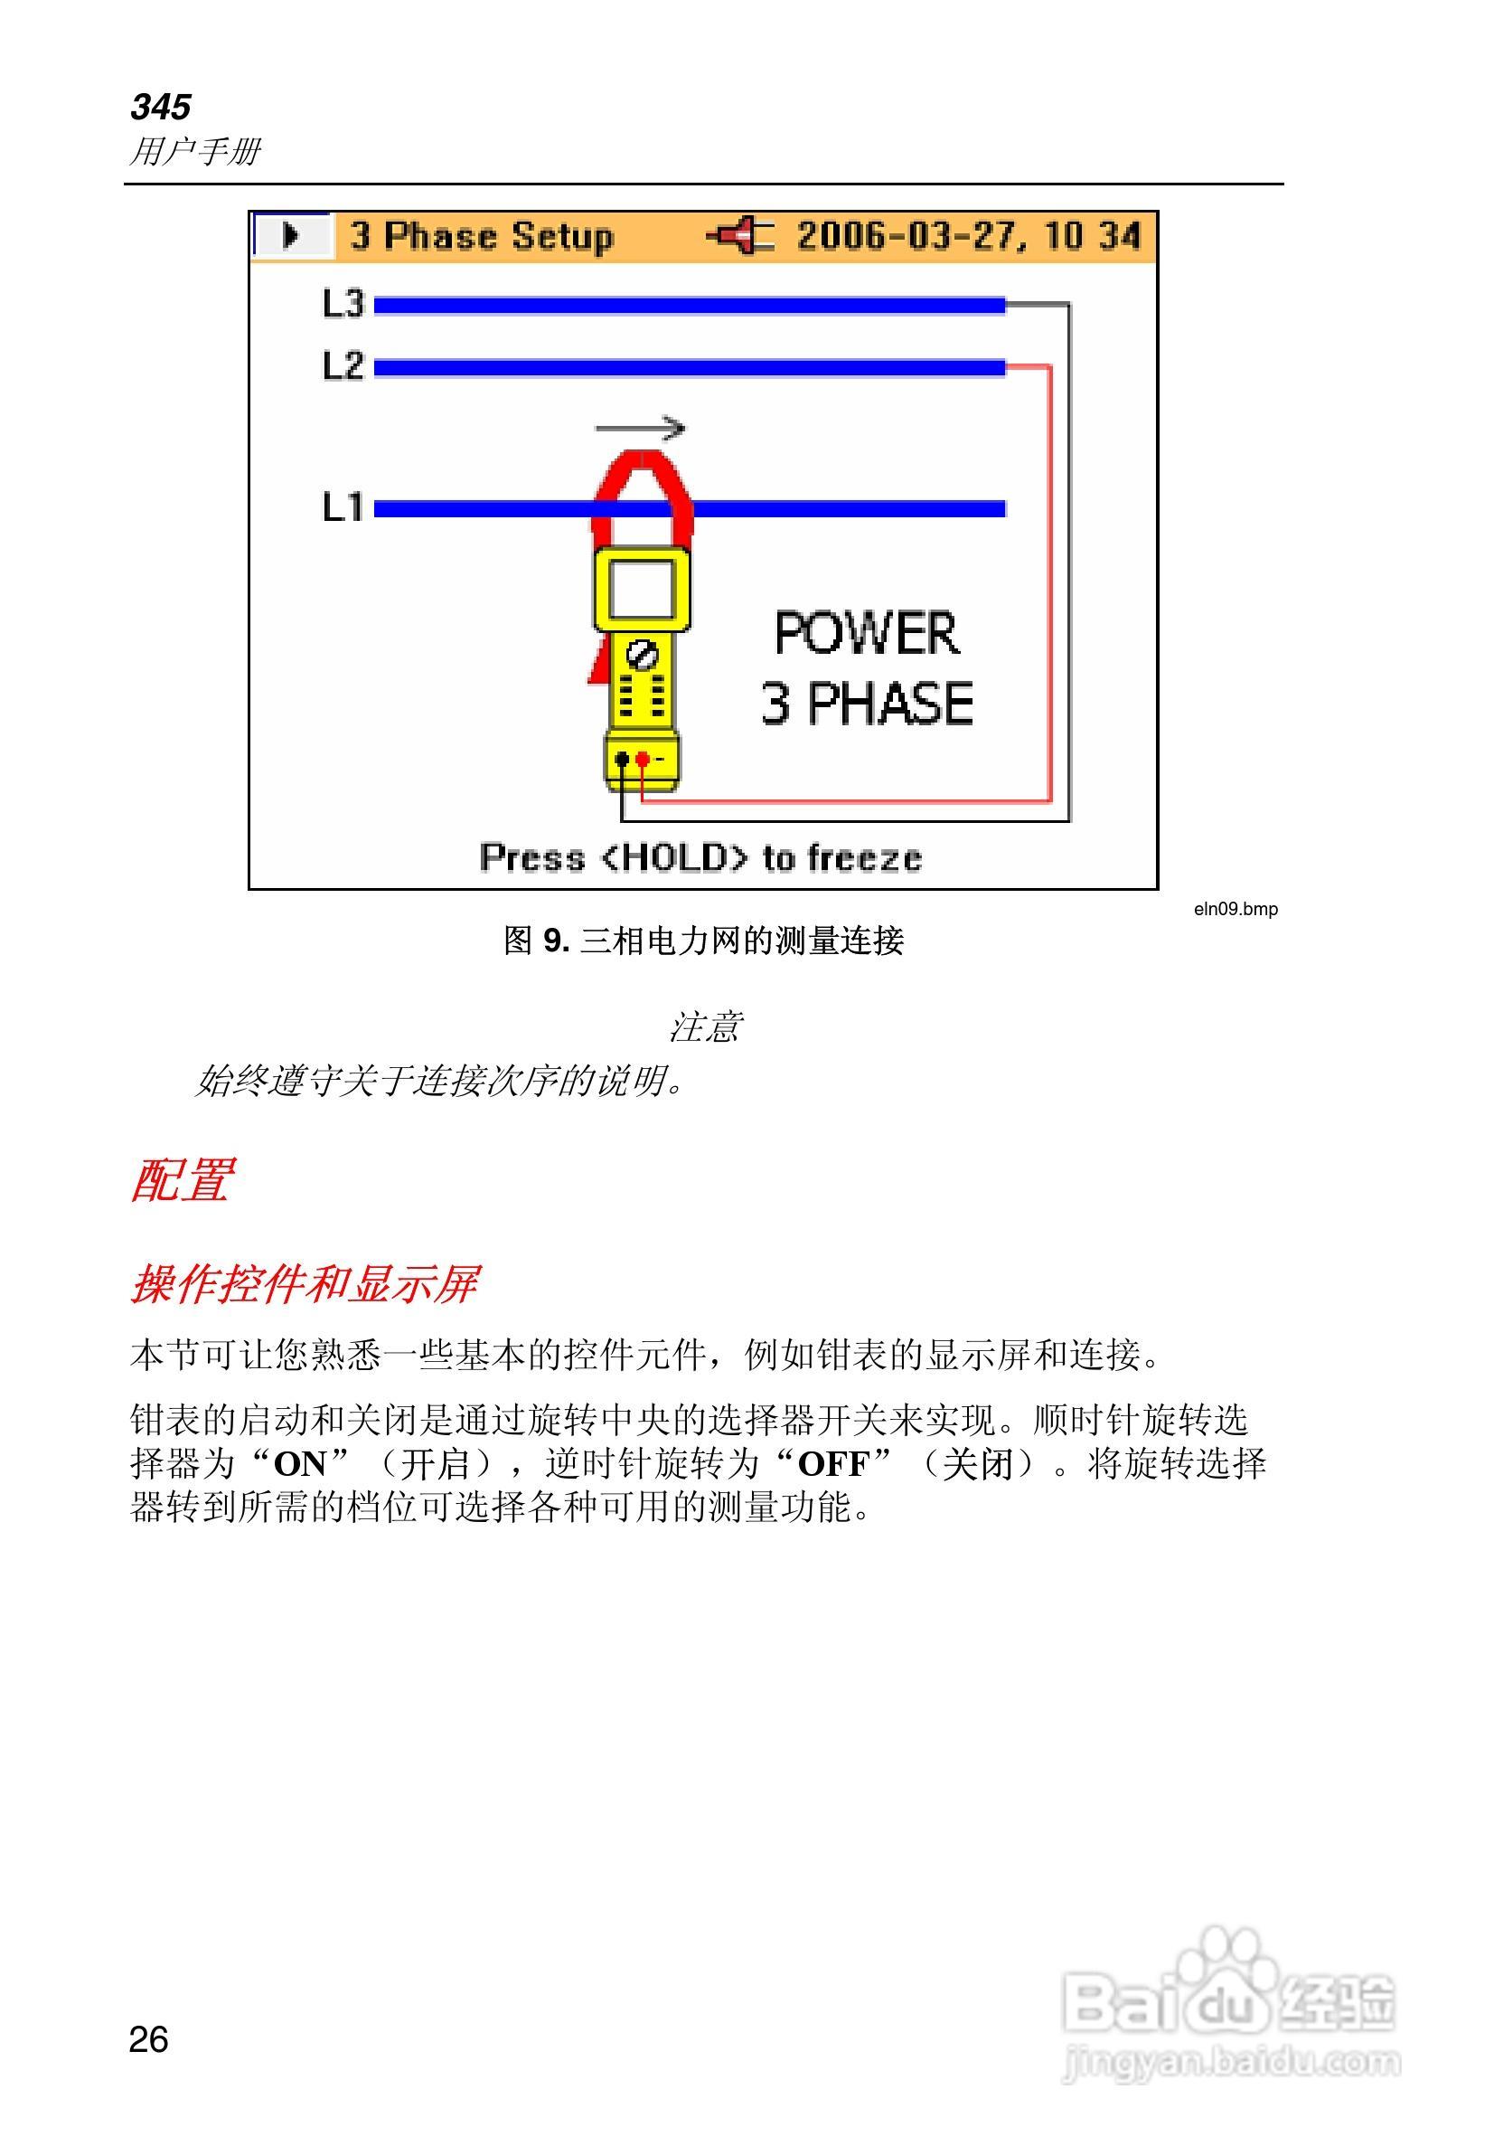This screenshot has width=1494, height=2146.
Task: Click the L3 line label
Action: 342,304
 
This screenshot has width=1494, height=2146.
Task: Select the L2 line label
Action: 342,365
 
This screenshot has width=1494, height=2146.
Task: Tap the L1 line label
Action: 342,507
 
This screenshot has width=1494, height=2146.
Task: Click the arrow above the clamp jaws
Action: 640,428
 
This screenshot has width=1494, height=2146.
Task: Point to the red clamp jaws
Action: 642,486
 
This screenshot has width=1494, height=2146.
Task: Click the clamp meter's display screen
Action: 642,588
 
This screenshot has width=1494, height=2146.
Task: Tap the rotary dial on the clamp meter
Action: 642,654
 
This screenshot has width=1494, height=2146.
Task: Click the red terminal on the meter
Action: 643,759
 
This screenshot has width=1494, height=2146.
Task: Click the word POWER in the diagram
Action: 866,633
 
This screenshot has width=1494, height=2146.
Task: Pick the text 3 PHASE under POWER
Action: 866,703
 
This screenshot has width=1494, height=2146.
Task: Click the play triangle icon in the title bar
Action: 291,235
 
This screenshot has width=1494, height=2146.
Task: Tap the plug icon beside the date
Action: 740,235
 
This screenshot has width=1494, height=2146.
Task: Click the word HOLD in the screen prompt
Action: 672,857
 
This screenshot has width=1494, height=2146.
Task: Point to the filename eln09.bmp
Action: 1236,909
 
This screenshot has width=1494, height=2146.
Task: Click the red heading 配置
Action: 181,1179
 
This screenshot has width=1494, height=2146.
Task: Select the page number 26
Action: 148,2039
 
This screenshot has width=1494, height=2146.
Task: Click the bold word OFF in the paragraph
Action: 833,1464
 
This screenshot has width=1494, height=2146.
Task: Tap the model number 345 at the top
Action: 161,107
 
